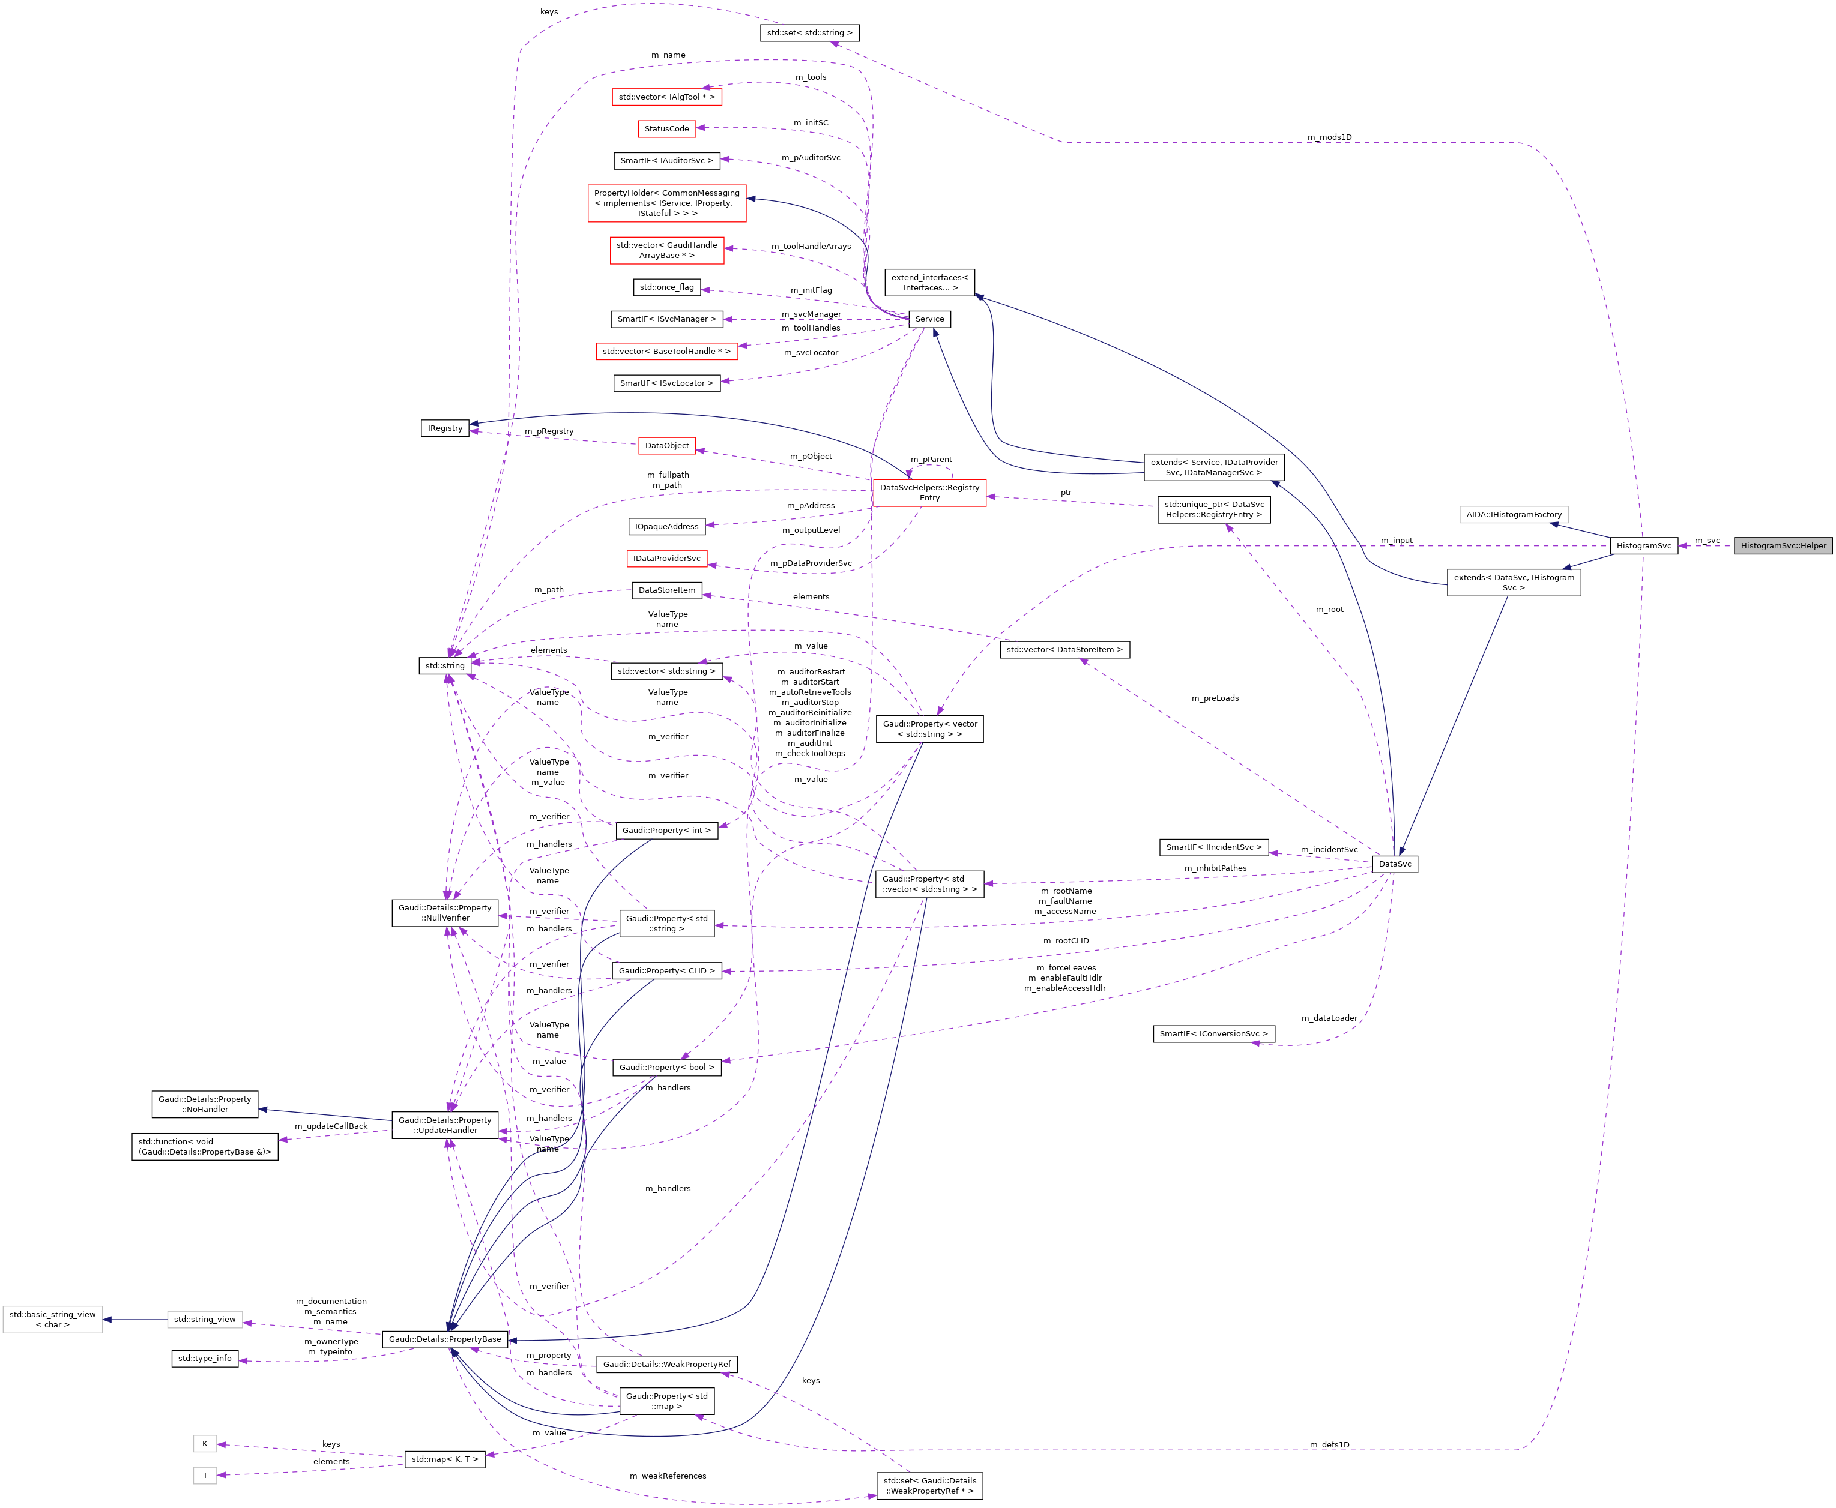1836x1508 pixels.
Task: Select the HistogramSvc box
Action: tap(1643, 545)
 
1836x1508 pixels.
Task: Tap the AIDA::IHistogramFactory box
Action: tap(1514, 514)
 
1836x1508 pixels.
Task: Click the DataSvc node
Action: tap(1395, 864)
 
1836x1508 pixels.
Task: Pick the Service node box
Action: tap(929, 319)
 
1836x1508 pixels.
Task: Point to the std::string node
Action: tap(445, 665)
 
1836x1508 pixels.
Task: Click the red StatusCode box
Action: tap(666, 128)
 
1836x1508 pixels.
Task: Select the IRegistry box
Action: tap(445, 428)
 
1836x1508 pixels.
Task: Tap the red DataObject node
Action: tap(666, 446)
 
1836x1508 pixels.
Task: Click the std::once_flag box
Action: tap(666, 287)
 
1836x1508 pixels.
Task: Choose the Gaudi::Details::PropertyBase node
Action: tap(445, 1339)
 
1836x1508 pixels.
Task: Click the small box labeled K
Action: tap(205, 1444)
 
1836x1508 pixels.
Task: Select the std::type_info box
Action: tap(205, 1358)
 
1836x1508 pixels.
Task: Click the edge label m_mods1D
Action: tap(1329, 137)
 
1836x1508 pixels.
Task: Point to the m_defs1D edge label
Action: tap(1329, 1444)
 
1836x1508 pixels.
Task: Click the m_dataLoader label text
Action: tap(1329, 1018)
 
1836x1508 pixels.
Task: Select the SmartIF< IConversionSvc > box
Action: tap(1214, 1034)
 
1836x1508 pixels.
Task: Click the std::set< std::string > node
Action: tap(809, 33)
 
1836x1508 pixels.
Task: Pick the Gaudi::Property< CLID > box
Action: tap(666, 970)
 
